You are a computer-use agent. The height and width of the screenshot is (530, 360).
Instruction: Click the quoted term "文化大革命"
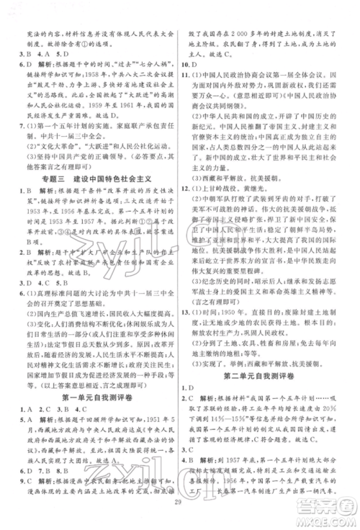point(68,155)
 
